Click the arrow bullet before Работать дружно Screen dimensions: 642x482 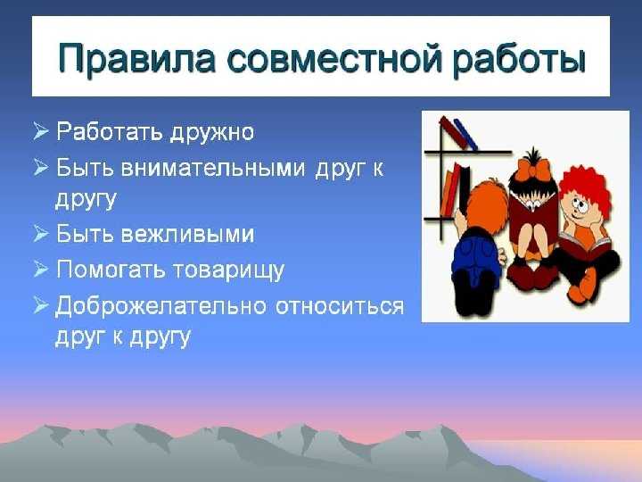[x=41, y=131]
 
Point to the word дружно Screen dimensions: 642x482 [x=212, y=133]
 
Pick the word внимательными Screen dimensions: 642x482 [x=213, y=168]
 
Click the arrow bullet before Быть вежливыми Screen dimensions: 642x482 [x=41, y=234]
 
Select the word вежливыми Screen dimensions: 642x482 [x=187, y=235]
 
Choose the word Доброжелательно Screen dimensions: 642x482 [x=160, y=306]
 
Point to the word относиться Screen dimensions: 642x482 [x=340, y=306]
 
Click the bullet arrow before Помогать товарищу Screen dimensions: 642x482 [x=41, y=269]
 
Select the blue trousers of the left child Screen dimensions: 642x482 [x=476, y=255]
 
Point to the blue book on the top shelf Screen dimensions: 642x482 [x=465, y=135]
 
